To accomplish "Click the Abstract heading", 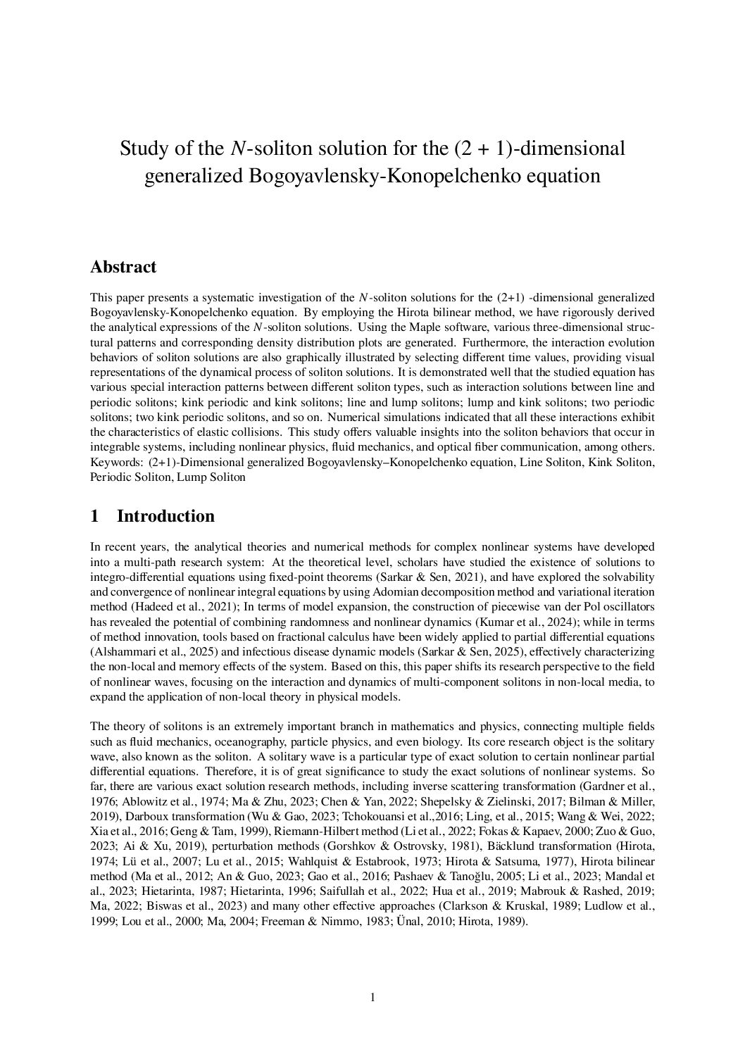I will (x=123, y=268).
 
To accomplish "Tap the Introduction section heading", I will (x=165, y=516).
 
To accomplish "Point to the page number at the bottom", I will (x=372, y=997).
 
